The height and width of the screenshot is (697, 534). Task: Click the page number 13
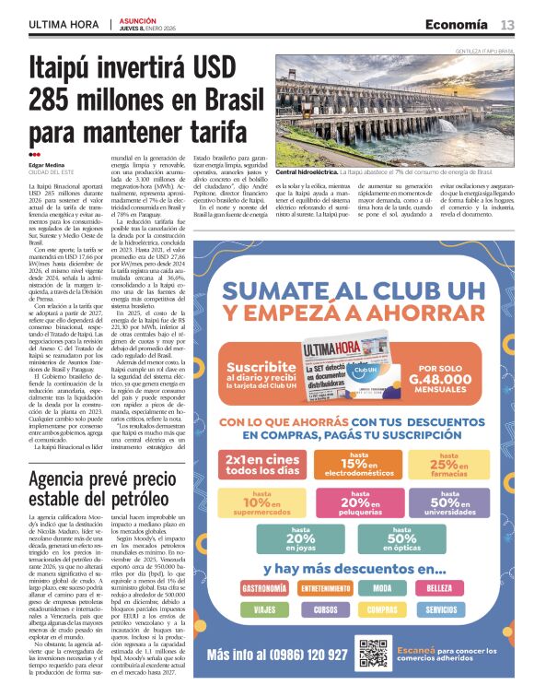coord(507,25)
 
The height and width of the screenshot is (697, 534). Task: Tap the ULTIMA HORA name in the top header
coord(64,25)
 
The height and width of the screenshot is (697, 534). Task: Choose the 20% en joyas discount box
coord(299,541)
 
